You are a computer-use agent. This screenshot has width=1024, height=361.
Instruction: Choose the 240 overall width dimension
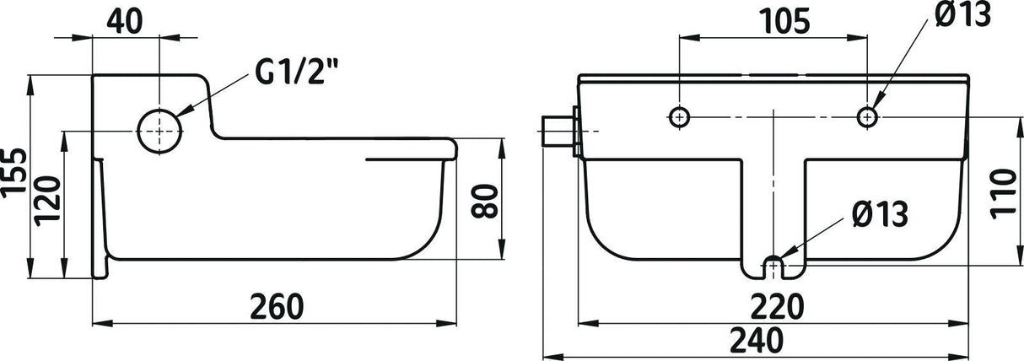pyautogui.click(x=757, y=339)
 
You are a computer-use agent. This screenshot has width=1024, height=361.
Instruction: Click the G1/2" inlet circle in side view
pyautogui.click(x=159, y=132)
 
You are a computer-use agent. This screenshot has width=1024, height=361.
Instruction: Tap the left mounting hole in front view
pyautogui.click(x=680, y=117)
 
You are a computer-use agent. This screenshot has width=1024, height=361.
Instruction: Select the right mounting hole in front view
pyautogui.click(x=867, y=117)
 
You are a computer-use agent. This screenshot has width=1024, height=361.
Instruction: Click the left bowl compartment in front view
pyautogui.click(x=662, y=207)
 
